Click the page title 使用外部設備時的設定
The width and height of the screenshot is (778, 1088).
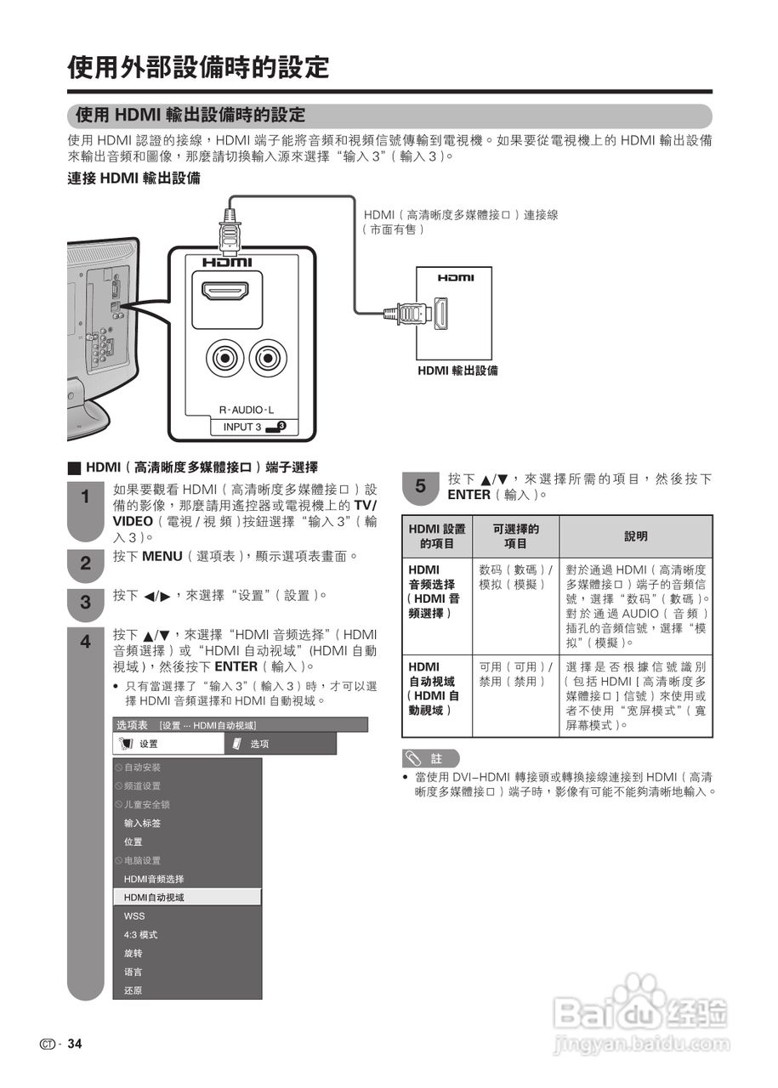point(198,66)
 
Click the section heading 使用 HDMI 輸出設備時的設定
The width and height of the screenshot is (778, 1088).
point(190,115)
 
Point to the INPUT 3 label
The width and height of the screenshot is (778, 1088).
point(242,427)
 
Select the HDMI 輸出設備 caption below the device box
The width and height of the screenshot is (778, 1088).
point(457,371)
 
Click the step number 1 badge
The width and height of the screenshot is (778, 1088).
point(85,497)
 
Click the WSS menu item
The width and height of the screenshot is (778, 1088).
point(134,916)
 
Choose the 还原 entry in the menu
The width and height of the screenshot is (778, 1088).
point(133,990)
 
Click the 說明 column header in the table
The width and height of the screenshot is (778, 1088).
point(636,536)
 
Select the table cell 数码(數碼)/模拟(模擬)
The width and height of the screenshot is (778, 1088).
point(515,577)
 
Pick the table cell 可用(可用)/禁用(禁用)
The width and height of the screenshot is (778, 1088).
point(515,674)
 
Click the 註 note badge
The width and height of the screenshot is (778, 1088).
point(430,758)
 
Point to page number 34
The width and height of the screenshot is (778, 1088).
point(75,1044)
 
